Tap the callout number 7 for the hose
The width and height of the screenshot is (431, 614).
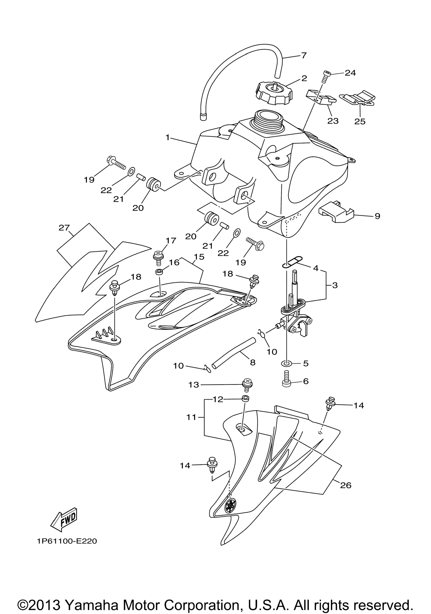304,56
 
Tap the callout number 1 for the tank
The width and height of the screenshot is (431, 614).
168,137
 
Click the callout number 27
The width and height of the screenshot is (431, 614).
64,228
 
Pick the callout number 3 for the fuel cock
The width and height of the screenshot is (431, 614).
335,285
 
